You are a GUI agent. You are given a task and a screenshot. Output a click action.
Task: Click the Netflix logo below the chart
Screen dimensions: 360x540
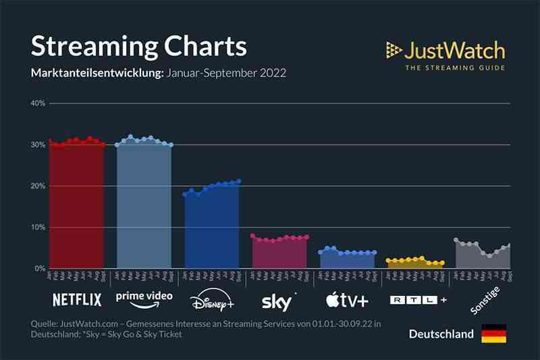(x=77, y=299)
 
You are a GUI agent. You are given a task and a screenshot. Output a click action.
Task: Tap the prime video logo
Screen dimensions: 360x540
(x=144, y=298)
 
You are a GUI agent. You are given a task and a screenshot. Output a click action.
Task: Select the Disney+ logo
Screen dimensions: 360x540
(x=212, y=299)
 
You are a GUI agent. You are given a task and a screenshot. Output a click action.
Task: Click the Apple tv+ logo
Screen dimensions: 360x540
(x=347, y=299)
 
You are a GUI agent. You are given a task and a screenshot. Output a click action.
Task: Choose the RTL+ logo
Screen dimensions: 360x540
(x=418, y=299)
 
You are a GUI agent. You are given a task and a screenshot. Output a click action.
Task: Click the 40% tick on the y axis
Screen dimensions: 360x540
(x=36, y=103)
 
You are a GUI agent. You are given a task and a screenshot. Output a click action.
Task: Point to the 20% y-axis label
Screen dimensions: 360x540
(x=36, y=186)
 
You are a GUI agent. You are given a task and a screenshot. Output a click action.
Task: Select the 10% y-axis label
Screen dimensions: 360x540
(x=36, y=228)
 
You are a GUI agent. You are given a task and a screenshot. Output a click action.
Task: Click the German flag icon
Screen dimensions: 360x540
(x=493, y=334)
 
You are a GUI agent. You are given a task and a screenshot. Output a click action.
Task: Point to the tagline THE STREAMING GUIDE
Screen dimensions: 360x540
(x=454, y=67)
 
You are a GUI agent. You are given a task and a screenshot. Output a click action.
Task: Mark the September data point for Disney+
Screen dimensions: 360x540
(x=239, y=181)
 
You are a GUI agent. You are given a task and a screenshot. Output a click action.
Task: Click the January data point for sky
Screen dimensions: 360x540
(x=252, y=236)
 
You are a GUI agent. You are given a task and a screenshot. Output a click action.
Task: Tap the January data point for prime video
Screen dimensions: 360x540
(x=117, y=145)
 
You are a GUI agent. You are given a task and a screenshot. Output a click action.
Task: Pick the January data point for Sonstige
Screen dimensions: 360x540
(x=456, y=240)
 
